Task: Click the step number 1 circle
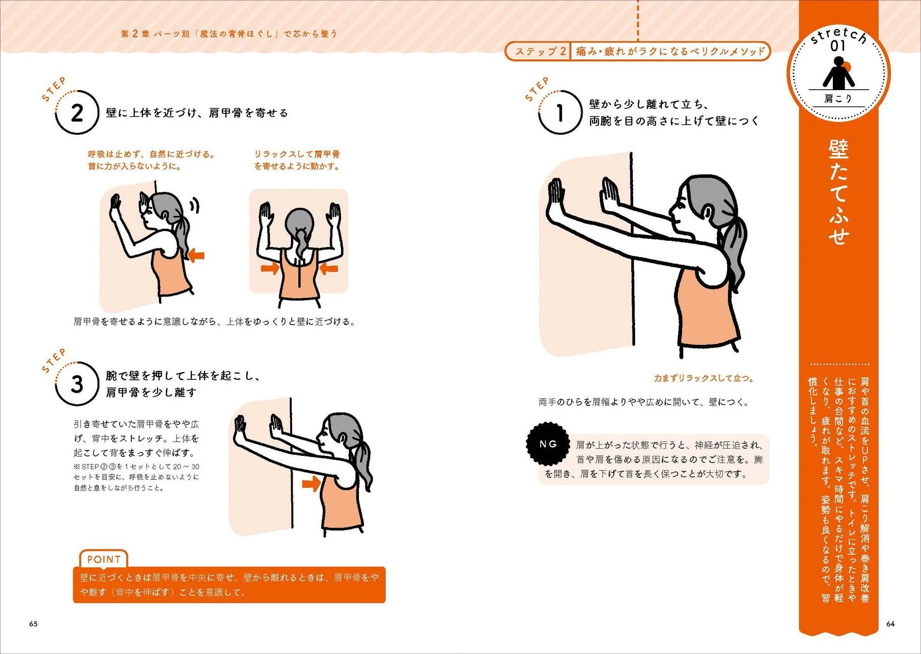[560, 113]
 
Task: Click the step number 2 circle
[77, 113]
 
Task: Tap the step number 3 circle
[77, 384]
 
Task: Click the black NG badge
[548, 444]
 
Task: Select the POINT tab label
[104, 560]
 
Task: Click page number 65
[33, 623]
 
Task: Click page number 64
[890, 623]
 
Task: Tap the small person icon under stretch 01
[839, 74]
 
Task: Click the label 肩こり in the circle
[838, 99]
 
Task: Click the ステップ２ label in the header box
[540, 51]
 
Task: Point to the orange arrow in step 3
[310, 483]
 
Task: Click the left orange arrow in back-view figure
[269, 268]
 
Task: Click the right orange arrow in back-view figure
[329, 268]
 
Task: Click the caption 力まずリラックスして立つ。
[703, 378]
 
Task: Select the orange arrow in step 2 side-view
[197, 255]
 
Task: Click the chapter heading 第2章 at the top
[131, 33]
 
